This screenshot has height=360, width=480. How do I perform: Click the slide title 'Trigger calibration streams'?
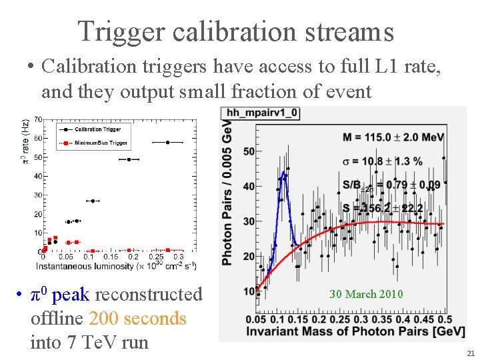pyautogui.click(x=235, y=31)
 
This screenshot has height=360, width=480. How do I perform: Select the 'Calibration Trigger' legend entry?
pyautogui.click(x=97, y=129)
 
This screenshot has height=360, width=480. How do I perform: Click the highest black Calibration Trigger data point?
pyautogui.click(x=168, y=142)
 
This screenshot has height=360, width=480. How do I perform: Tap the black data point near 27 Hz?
pyautogui.click(x=93, y=201)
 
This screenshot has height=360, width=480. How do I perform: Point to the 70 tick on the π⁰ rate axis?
pyautogui.click(x=38, y=120)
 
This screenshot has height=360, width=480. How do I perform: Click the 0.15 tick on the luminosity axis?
pyautogui.click(x=111, y=257)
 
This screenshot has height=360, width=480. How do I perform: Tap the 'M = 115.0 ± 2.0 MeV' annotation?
pyautogui.click(x=393, y=137)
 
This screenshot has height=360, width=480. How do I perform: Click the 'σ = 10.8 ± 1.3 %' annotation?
pyautogui.click(x=383, y=161)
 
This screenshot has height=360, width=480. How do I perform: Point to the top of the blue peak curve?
pyautogui.click(x=283, y=173)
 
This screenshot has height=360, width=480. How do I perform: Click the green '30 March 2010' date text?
pyautogui.click(x=366, y=294)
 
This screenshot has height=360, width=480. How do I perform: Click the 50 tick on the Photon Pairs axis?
pyautogui.click(x=248, y=151)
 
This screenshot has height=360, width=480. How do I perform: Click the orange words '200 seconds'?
pyautogui.click(x=137, y=319)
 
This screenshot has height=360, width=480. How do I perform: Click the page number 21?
pyautogui.click(x=471, y=353)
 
